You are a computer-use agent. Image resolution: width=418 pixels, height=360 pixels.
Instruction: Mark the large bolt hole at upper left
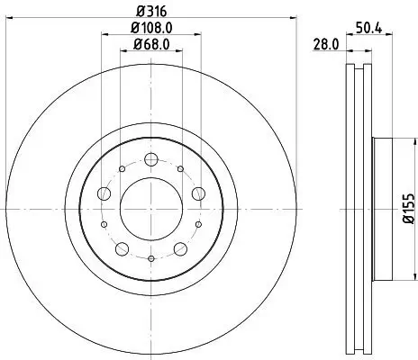[104, 193]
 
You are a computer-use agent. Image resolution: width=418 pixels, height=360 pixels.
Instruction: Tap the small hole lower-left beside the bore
[104, 224]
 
